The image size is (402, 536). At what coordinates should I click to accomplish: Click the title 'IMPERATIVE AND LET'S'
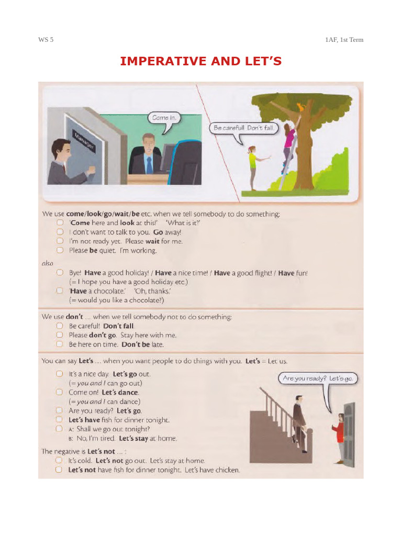(x=200, y=61)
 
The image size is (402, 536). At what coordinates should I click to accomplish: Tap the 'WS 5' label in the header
(x=46, y=40)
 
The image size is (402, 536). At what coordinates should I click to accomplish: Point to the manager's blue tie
(x=149, y=165)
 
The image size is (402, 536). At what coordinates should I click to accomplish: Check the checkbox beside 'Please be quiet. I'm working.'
(x=60, y=250)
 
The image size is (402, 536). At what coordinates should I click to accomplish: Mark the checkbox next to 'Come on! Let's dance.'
(x=60, y=392)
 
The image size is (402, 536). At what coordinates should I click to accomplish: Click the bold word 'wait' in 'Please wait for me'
(x=152, y=241)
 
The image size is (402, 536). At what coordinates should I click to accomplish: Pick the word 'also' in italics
(x=48, y=263)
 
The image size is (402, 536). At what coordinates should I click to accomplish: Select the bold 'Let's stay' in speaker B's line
(x=133, y=438)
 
